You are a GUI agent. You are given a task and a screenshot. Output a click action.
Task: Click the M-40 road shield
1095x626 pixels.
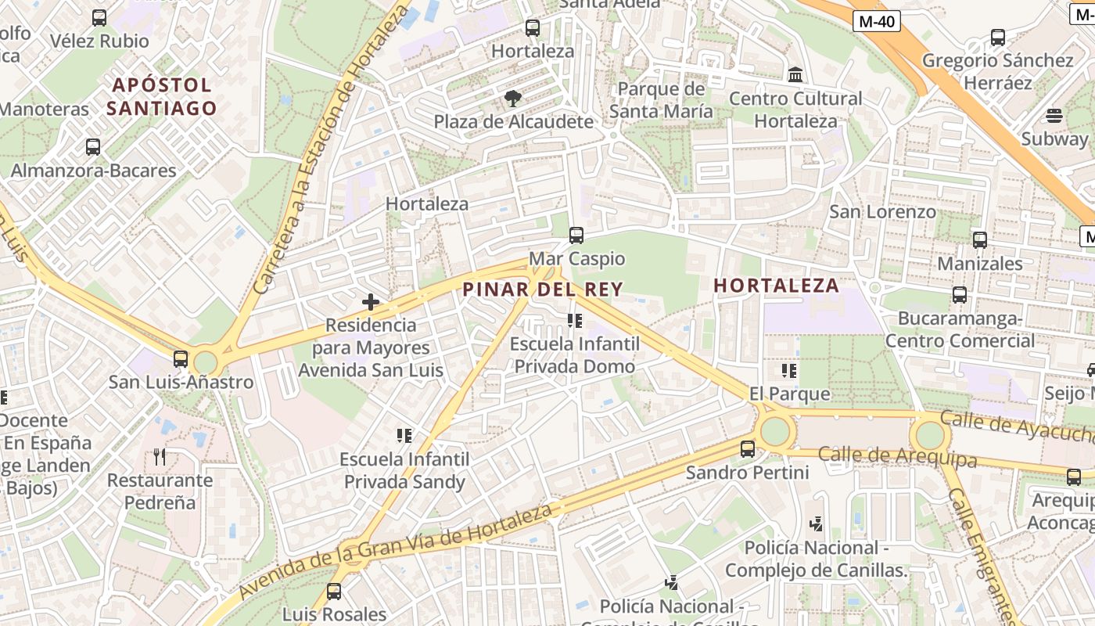pyautogui.click(x=876, y=22)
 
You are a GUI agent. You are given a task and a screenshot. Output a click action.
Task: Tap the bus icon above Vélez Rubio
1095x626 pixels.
pyautogui.click(x=99, y=17)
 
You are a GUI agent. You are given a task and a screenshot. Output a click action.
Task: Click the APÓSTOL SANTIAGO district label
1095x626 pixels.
pyautogui.click(x=161, y=96)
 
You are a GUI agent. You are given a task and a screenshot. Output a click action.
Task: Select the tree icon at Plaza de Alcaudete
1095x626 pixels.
pyautogui.click(x=513, y=99)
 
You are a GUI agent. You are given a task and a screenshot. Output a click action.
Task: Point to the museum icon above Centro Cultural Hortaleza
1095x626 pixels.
pyautogui.click(x=795, y=75)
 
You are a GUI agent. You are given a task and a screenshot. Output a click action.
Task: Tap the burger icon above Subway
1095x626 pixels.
pyautogui.click(x=1054, y=116)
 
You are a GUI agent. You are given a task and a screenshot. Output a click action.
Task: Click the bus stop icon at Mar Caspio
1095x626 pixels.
pyautogui.click(x=576, y=235)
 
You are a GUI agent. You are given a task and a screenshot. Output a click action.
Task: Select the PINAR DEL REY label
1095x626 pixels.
pyautogui.click(x=543, y=290)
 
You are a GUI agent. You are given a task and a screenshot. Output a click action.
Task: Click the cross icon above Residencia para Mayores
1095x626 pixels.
pyautogui.click(x=371, y=301)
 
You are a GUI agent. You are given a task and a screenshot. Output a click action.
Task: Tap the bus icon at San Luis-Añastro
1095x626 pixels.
pyautogui.click(x=181, y=359)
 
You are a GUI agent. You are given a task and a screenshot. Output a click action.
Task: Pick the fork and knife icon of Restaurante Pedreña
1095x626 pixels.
pyautogui.click(x=160, y=456)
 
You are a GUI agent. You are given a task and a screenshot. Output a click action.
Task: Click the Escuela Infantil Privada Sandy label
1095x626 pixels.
pyautogui.click(x=405, y=470)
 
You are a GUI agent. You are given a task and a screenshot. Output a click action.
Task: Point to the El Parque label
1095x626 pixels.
pyautogui.click(x=789, y=393)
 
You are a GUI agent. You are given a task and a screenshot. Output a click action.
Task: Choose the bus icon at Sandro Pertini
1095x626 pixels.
pyautogui.click(x=748, y=449)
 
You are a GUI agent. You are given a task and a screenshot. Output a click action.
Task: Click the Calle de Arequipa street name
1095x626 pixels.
pyautogui.click(x=898, y=456)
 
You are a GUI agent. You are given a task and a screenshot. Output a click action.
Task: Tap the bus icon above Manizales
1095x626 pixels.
pyautogui.click(x=980, y=240)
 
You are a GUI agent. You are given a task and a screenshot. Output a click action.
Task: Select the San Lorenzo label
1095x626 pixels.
pyautogui.click(x=882, y=211)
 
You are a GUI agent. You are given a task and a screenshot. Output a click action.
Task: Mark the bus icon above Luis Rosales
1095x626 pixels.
pyautogui.click(x=334, y=592)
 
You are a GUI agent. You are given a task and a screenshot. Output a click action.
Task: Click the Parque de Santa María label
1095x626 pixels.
pyautogui.click(x=661, y=100)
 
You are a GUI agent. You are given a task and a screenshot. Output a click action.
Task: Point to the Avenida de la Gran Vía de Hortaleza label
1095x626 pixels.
pyautogui.click(x=397, y=551)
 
